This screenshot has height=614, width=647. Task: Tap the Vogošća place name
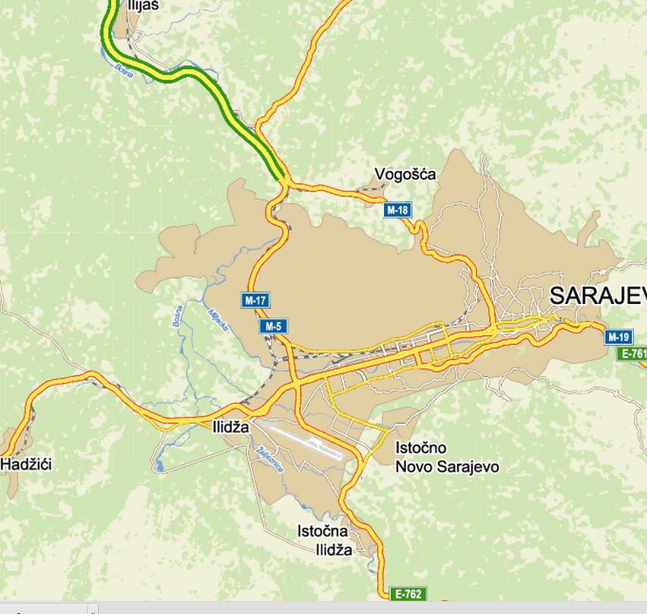tap(405, 175)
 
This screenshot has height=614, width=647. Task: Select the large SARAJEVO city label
tap(598, 295)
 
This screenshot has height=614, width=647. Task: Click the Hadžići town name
tap(26, 464)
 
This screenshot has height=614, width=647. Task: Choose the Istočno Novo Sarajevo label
tap(446, 457)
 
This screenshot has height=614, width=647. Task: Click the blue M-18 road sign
tap(397, 210)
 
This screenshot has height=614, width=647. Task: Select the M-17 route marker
tap(256, 300)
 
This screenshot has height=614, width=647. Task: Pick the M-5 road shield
tap(274, 327)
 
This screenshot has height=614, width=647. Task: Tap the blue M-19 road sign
tap(619, 337)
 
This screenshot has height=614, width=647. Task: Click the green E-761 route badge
tap(633, 353)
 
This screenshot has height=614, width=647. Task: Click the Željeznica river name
tap(271, 459)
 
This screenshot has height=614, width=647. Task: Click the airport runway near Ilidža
tap(304, 441)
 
